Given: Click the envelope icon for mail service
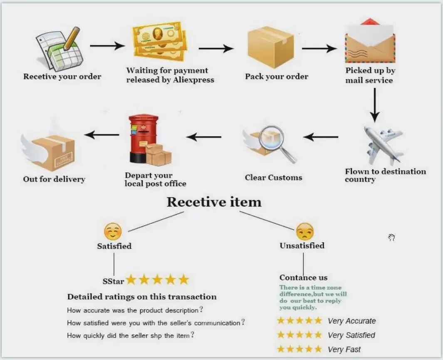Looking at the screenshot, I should (x=370, y=42).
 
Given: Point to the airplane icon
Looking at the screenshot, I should (x=382, y=144).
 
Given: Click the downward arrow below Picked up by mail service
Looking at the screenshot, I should (x=375, y=104).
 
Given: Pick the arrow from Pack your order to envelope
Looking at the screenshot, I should (x=319, y=49).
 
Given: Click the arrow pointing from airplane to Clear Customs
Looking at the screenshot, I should (x=320, y=137).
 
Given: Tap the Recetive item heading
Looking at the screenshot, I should (x=214, y=202).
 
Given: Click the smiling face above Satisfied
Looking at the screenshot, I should (x=113, y=231).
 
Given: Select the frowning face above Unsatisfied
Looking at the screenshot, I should (x=304, y=231).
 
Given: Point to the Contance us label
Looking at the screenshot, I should (x=303, y=278).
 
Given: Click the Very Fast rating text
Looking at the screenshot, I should (x=344, y=350).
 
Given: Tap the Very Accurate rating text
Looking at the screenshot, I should (x=351, y=321).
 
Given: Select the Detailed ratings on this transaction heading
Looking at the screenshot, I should (x=142, y=297).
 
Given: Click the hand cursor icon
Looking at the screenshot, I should (x=391, y=237).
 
